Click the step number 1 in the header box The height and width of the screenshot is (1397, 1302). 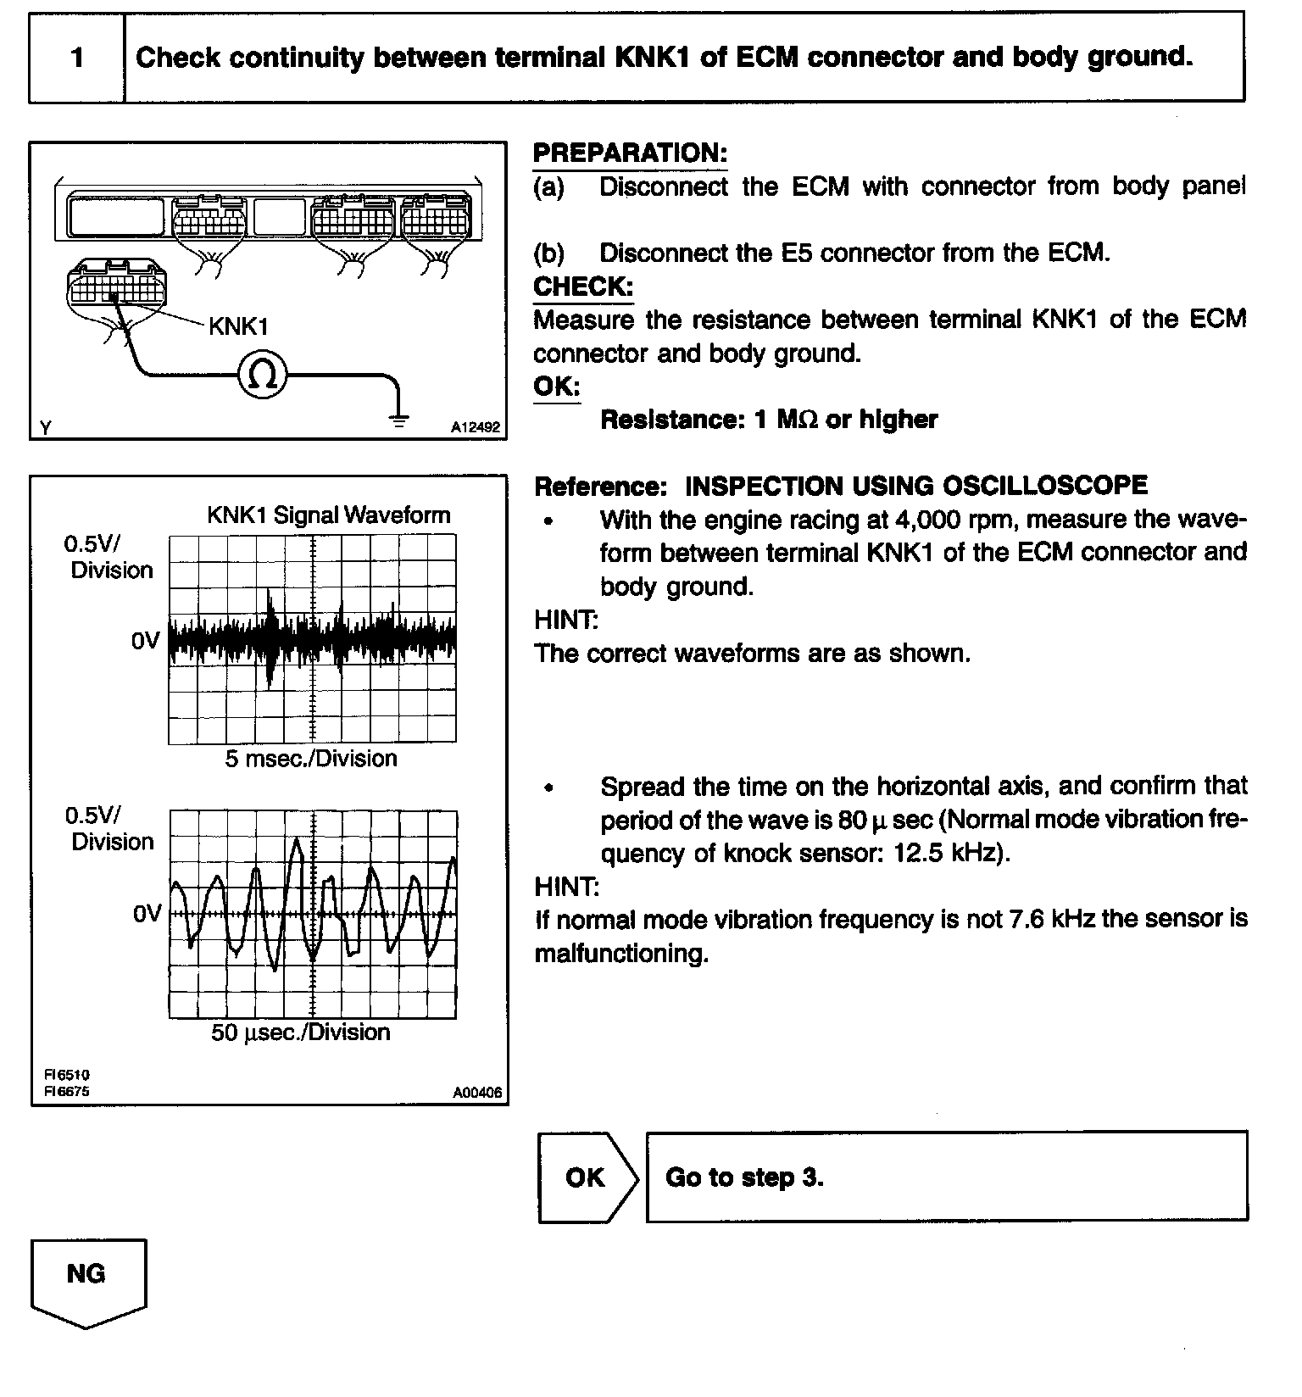[77, 58]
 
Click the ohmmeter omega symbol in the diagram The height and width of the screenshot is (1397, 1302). [263, 375]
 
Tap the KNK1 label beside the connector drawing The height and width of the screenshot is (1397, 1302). [238, 326]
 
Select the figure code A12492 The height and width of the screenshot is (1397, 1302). [476, 428]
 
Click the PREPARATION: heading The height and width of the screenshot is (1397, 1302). [630, 153]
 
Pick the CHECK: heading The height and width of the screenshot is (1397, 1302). [583, 287]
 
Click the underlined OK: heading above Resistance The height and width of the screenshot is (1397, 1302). [556, 387]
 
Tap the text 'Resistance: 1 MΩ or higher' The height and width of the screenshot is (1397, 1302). [769, 420]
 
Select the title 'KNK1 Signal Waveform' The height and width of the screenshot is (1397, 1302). [329, 515]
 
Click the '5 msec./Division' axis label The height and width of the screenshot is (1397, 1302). [311, 759]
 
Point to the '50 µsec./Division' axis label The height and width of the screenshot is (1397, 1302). [301, 1032]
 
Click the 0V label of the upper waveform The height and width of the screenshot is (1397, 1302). [145, 641]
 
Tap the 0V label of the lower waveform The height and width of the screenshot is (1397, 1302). [147, 914]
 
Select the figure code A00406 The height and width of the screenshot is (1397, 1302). [477, 1094]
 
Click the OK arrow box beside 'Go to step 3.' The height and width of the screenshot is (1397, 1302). [586, 1177]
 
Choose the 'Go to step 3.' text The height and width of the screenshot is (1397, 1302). [744, 1177]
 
